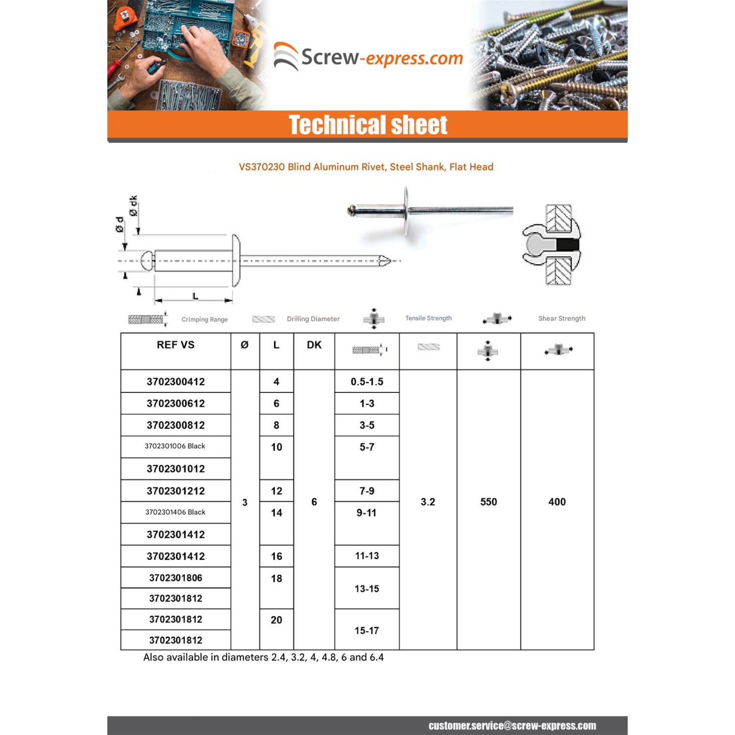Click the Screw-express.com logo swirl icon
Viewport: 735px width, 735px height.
pyautogui.click(x=286, y=56)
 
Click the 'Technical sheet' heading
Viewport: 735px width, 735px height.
pyautogui.click(x=367, y=124)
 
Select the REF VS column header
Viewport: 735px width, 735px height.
pyautogui.click(x=175, y=345)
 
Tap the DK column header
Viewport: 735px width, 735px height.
pyautogui.click(x=314, y=345)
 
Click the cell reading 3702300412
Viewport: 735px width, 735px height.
pyautogui.click(x=175, y=382)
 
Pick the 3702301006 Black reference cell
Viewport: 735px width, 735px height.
pyautogui.click(x=175, y=446)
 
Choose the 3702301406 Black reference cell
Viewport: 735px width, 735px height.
pyautogui.click(x=175, y=512)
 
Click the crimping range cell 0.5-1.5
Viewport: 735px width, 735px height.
pyautogui.click(x=367, y=382)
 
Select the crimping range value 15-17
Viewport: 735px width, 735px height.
pyautogui.click(x=367, y=631)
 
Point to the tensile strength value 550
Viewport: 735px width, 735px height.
pyautogui.click(x=489, y=502)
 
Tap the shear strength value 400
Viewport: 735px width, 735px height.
pyautogui.click(x=557, y=502)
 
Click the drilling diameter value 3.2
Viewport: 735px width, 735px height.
pyautogui.click(x=428, y=502)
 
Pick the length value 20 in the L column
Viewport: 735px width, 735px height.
pyautogui.click(x=276, y=620)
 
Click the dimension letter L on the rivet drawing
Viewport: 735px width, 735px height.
pyautogui.click(x=195, y=296)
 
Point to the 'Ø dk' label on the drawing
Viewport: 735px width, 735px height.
pyautogui.click(x=133, y=205)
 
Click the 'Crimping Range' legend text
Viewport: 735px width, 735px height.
pyautogui.click(x=204, y=319)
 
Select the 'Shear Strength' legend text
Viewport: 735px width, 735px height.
pyautogui.click(x=562, y=318)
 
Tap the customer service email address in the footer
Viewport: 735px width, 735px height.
pyautogui.click(x=512, y=726)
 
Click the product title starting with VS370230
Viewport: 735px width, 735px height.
pyautogui.click(x=366, y=167)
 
